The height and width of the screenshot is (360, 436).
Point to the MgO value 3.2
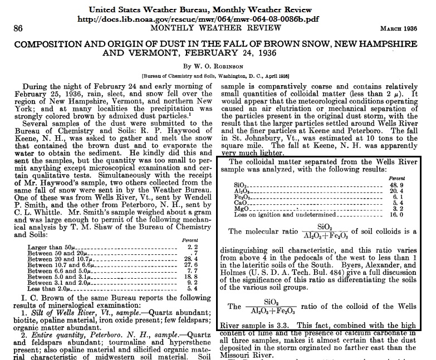(410, 209)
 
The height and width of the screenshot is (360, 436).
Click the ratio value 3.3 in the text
(280, 326)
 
